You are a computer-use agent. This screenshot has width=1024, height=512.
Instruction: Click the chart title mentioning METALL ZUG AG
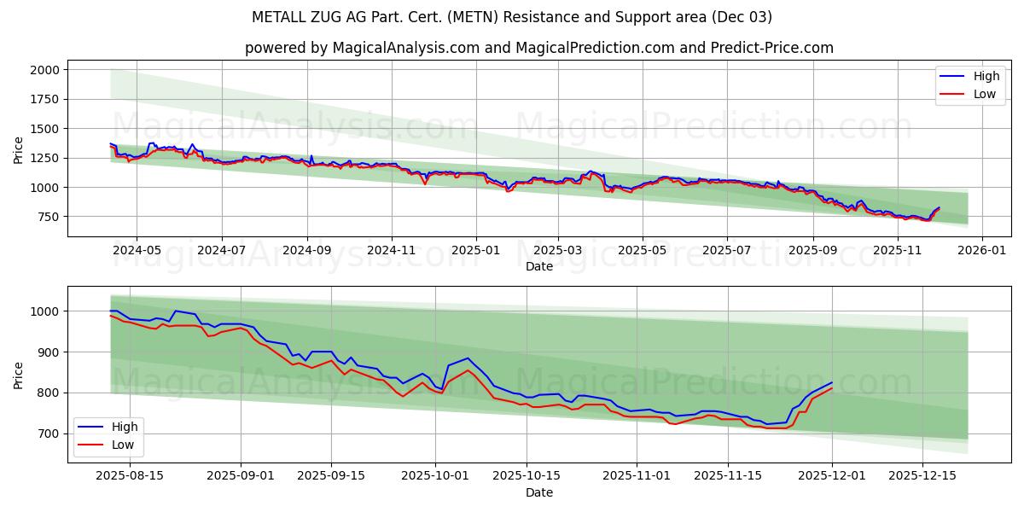[512, 17]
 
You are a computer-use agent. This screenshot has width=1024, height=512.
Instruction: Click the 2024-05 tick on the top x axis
[137, 251]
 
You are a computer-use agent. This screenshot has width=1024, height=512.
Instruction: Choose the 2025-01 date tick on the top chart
[475, 251]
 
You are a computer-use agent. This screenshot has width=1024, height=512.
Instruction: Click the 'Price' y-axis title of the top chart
[19, 148]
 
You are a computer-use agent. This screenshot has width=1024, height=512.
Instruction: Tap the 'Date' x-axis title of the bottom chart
[538, 492]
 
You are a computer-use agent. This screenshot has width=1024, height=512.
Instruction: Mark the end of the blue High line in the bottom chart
[832, 382]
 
